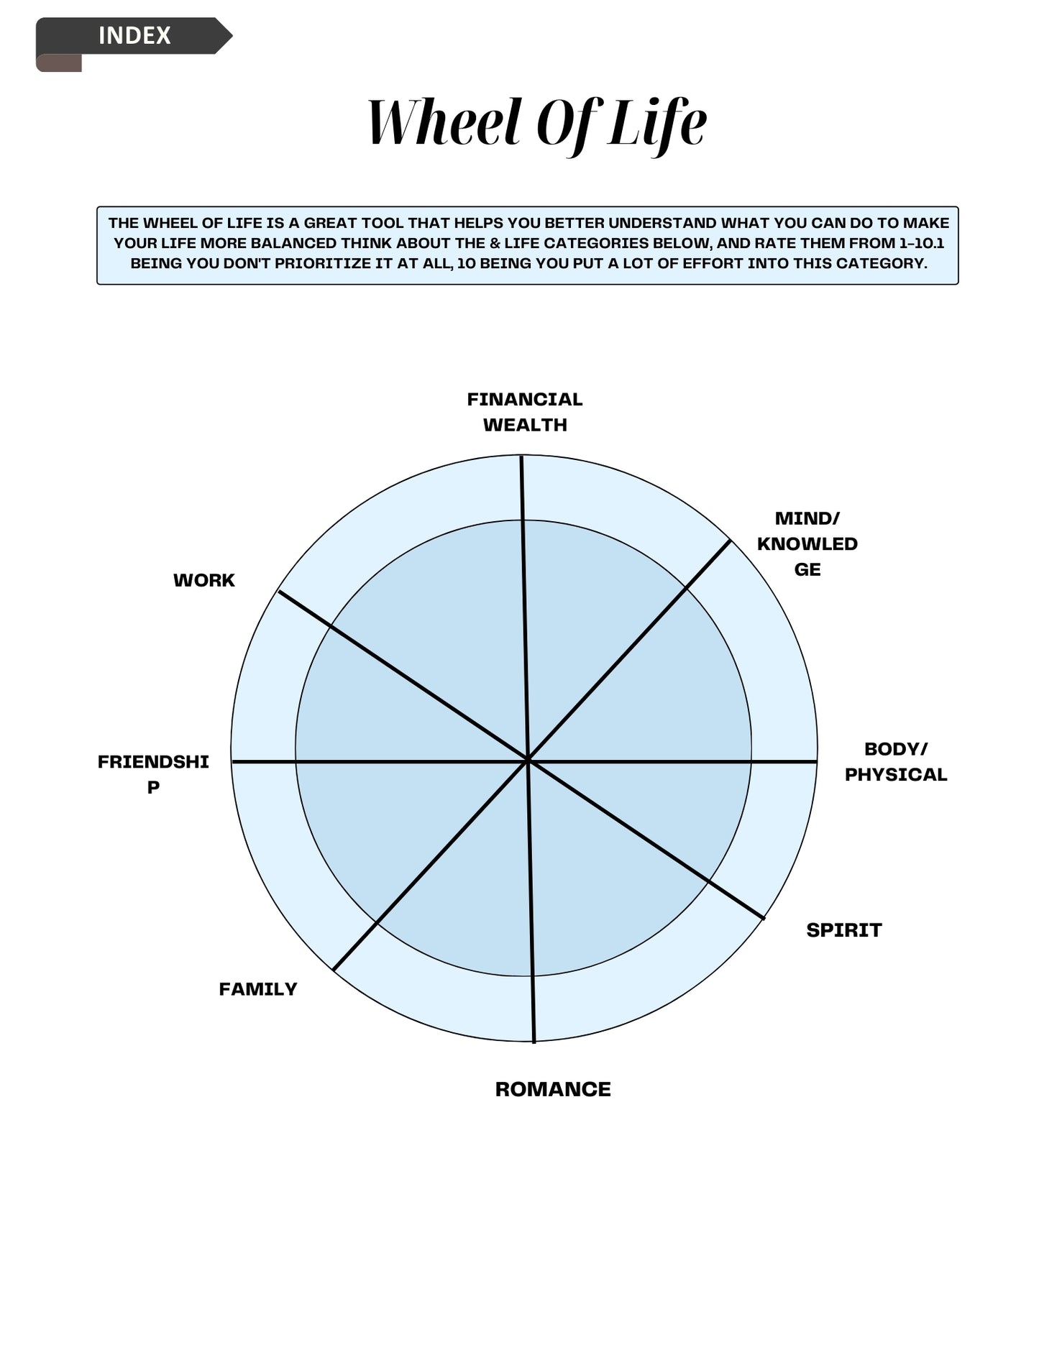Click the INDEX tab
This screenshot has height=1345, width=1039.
pos(134,35)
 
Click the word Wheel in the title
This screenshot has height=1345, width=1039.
pos(443,122)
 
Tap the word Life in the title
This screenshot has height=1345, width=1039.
pos(656,122)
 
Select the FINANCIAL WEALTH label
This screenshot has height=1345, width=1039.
pos(525,412)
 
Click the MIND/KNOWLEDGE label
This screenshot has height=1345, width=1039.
pos(807,543)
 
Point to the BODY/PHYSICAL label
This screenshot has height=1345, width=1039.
pos(895,762)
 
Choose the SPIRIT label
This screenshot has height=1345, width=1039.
pos(843,930)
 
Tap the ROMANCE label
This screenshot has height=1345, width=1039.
pos(553,1089)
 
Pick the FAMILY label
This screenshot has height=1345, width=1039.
pos(258,989)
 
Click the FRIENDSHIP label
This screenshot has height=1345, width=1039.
pos(153,774)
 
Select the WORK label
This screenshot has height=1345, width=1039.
pos(204,580)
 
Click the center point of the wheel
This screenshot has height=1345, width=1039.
pos(528,760)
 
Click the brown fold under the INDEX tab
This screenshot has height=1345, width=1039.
pos(59,63)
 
